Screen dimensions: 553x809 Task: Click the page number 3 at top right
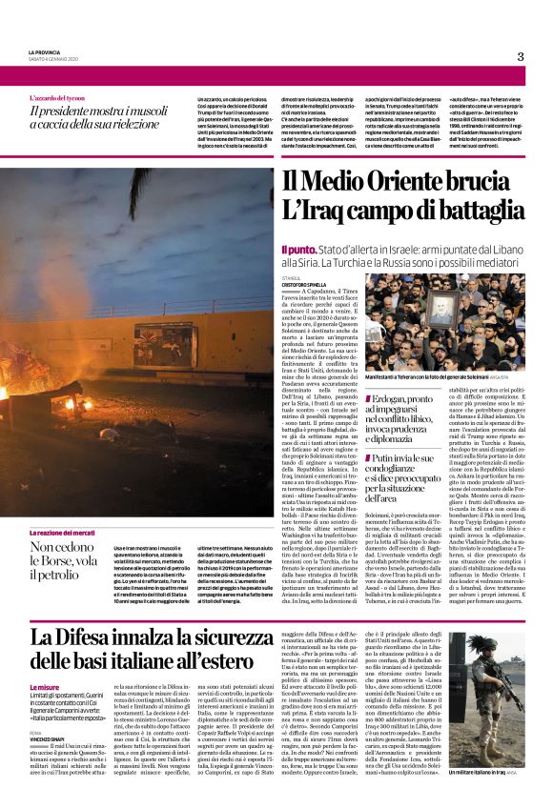[x=521, y=56]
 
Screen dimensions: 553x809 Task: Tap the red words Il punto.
[x=297, y=249]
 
